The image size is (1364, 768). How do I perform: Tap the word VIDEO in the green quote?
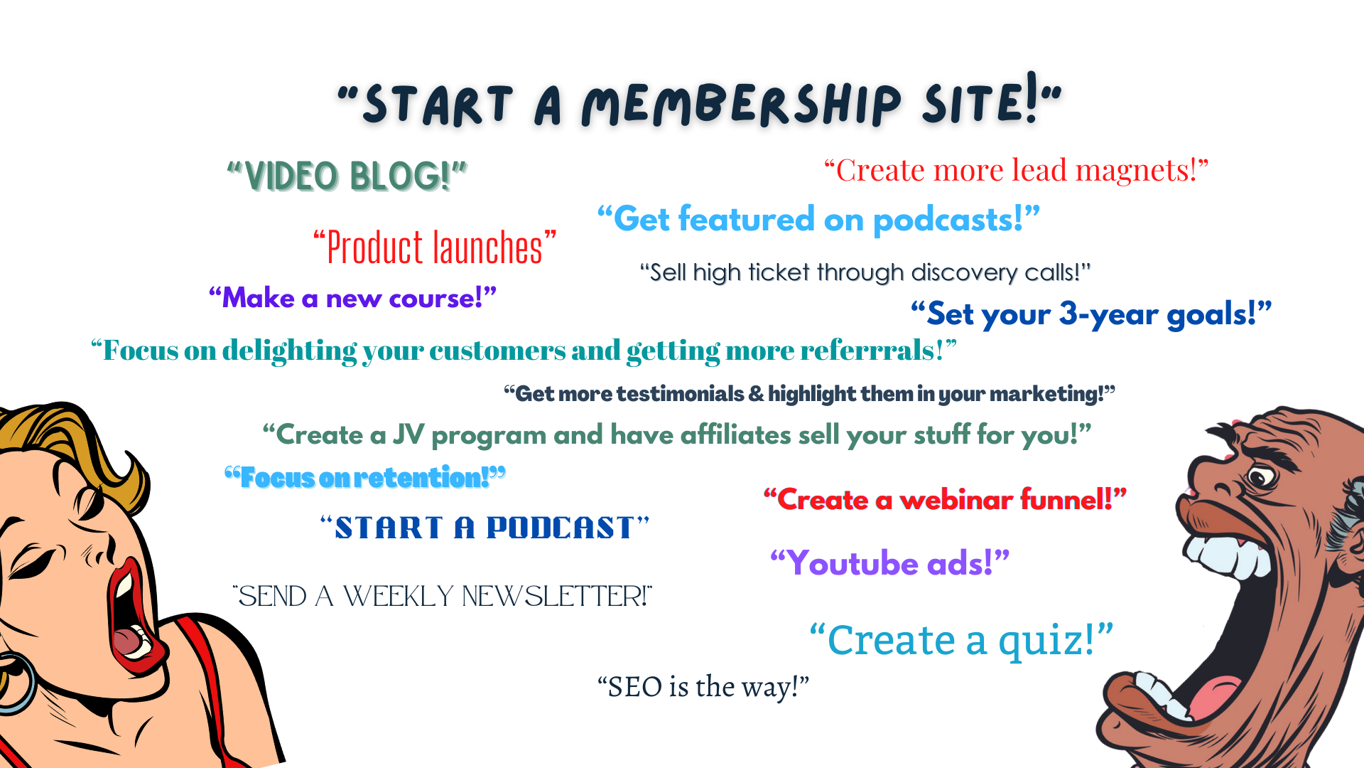(x=291, y=176)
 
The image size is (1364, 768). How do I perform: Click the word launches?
(x=488, y=248)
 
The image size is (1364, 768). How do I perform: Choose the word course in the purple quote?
(x=436, y=299)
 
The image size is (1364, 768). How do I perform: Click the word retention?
(x=421, y=478)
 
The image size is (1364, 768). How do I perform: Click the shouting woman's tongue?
(x=128, y=640)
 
